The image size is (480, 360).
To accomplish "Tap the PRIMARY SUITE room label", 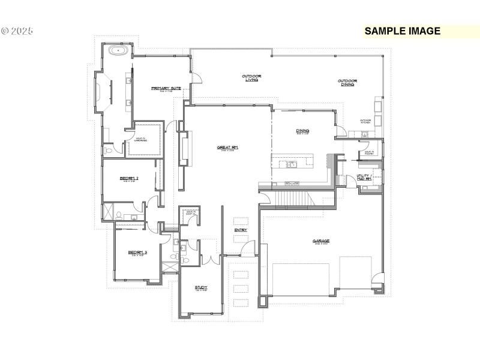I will [x=166, y=89].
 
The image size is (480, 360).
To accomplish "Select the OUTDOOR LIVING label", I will [x=251, y=78].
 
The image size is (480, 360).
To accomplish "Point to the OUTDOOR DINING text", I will [x=347, y=83].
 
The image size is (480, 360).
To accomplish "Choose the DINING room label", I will [x=302, y=131].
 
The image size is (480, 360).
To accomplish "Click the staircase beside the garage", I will [x=290, y=197].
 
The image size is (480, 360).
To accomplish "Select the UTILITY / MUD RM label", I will [x=364, y=178].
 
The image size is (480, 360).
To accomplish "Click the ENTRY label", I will [x=241, y=230].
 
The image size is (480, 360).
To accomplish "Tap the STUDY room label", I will [x=201, y=289].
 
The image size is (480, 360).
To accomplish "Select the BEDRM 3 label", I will [x=137, y=253].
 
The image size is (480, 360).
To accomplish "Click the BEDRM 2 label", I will [x=129, y=179].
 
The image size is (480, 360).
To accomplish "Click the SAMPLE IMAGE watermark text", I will [x=403, y=31].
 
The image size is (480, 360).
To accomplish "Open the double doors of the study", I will [x=208, y=259].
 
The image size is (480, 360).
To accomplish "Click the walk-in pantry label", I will [x=365, y=154].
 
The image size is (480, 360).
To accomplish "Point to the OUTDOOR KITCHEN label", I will [x=365, y=121].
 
